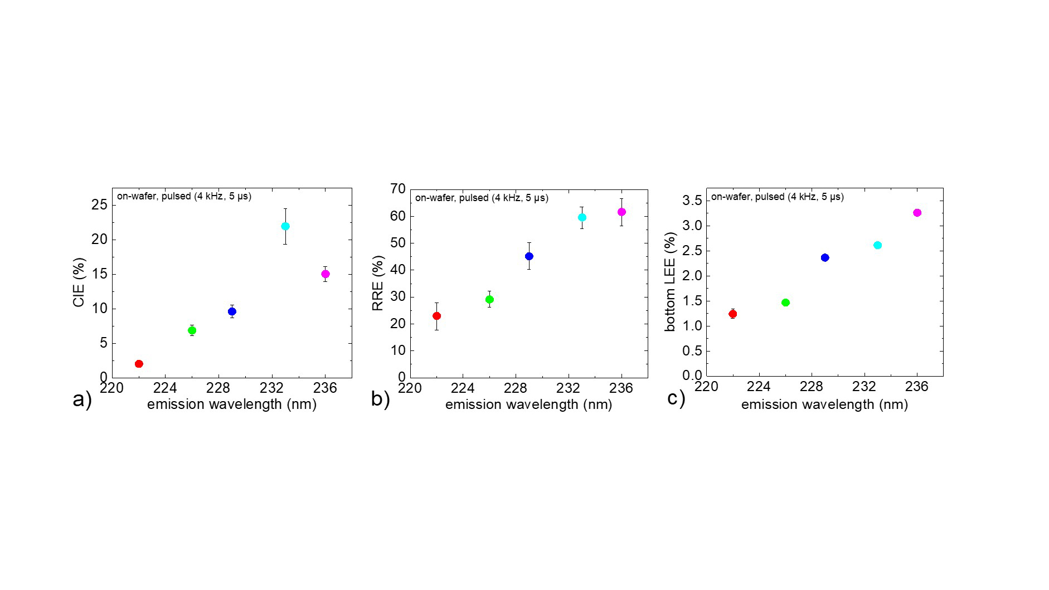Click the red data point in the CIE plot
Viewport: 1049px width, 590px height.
click(x=139, y=364)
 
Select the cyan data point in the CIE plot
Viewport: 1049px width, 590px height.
click(x=285, y=226)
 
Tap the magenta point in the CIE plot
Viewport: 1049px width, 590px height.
click(x=326, y=274)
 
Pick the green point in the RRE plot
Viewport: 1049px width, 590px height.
click(x=489, y=300)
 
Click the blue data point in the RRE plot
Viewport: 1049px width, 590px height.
click(x=529, y=256)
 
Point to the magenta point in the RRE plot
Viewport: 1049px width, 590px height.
click(x=621, y=212)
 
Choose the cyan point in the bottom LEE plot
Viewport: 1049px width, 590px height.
click(x=877, y=245)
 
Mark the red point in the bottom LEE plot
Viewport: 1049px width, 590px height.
click(x=732, y=314)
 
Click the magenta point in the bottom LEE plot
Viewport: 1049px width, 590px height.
click(x=917, y=213)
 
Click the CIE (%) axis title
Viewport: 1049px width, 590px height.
click(x=79, y=282)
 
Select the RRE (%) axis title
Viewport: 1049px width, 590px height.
click(x=378, y=283)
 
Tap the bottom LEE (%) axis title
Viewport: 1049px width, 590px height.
click(x=670, y=282)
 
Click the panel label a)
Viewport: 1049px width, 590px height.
click(x=82, y=399)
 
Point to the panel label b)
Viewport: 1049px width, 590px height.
click(x=380, y=399)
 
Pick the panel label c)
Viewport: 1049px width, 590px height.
click(x=676, y=398)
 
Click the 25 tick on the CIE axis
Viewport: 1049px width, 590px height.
click(x=99, y=205)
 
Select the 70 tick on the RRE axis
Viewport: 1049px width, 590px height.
click(x=397, y=189)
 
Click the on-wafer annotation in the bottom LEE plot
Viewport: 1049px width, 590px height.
click(x=777, y=197)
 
